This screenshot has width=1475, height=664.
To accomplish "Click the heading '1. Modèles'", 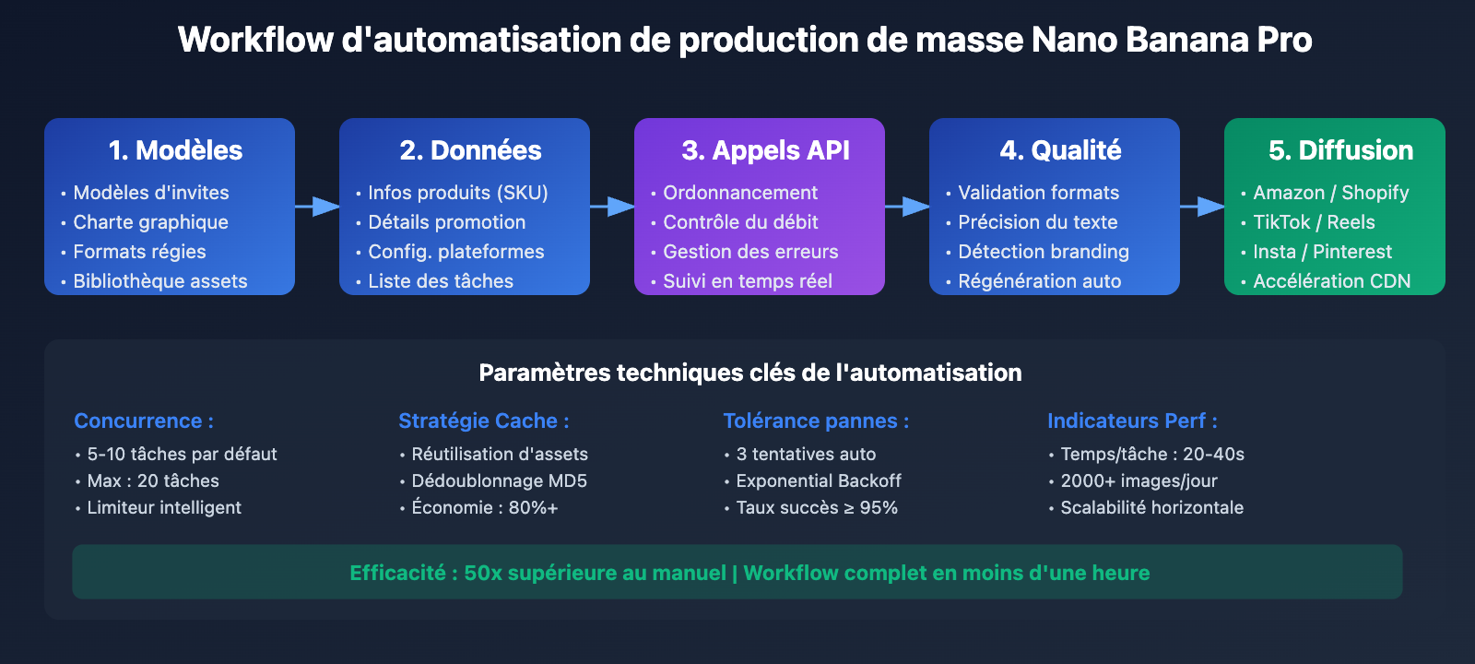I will pyautogui.click(x=175, y=150).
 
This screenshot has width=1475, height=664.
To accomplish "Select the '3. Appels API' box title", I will pyautogui.click(x=765, y=150).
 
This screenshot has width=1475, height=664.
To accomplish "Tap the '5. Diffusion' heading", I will pyautogui.click(x=1340, y=150).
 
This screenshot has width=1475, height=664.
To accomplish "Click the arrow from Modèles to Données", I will pyautogui.click(x=318, y=207).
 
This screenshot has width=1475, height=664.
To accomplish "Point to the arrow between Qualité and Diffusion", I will pyautogui.click(x=1202, y=207).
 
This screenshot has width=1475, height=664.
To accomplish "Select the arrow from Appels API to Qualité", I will pyautogui.click(x=908, y=207).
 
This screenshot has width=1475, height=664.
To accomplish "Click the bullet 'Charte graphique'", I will pyautogui.click(x=150, y=222).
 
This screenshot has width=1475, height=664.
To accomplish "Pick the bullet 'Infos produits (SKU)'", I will pyautogui.click(x=457, y=193).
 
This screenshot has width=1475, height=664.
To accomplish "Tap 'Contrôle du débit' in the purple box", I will pyautogui.click(x=740, y=222).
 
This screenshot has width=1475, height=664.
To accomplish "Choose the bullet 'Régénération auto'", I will pyautogui.click(x=1039, y=281).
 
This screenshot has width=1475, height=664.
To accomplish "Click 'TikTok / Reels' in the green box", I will pyautogui.click(x=1314, y=222).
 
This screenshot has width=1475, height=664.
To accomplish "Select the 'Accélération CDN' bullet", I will pyautogui.click(x=1331, y=281).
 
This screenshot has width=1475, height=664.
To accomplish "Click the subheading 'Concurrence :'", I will pyautogui.click(x=144, y=421).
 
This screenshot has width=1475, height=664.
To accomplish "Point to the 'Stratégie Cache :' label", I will pyautogui.click(x=483, y=421).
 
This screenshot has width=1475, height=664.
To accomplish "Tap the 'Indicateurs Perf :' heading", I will pyautogui.click(x=1132, y=421).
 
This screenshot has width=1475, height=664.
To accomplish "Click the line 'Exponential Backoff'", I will pyautogui.click(x=818, y=480).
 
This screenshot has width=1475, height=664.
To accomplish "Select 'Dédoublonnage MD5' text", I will pyautogui.click(x=499, y=480).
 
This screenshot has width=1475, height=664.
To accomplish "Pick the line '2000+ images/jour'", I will pyautogui.click(x=1139, y=480).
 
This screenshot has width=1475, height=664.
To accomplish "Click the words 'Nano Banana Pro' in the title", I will pyautogui.click(x=1171, y=40).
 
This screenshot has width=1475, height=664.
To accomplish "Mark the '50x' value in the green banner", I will pyautogui.click(x=483, y=573).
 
